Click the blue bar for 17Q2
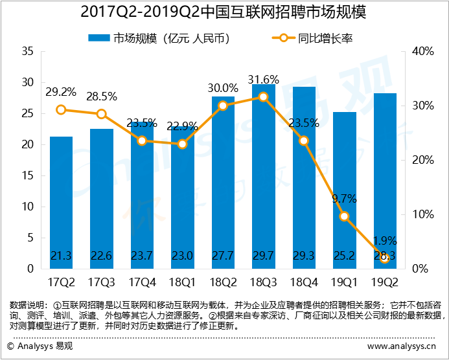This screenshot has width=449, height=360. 61,203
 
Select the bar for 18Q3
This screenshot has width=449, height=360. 264,177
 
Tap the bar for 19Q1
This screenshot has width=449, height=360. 345,190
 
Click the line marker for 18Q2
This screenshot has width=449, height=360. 223,106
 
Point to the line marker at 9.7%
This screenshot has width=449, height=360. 345,216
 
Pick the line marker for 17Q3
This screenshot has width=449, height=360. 101,114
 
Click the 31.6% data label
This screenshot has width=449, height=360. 264,80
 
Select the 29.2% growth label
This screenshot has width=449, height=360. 61,92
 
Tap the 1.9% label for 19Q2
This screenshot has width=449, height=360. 385,241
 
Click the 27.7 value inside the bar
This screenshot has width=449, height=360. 223,256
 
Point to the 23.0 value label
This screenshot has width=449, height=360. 183,256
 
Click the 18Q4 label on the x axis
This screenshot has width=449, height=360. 304,283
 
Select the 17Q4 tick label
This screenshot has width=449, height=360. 142,283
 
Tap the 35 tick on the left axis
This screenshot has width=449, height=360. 28,52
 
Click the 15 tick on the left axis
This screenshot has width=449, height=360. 28,175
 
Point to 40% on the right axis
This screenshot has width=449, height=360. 423,52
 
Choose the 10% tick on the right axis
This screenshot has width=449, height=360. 423,214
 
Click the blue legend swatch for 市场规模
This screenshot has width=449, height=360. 98,38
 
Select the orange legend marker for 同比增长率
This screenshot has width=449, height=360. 284,38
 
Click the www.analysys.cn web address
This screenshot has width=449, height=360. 402,346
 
